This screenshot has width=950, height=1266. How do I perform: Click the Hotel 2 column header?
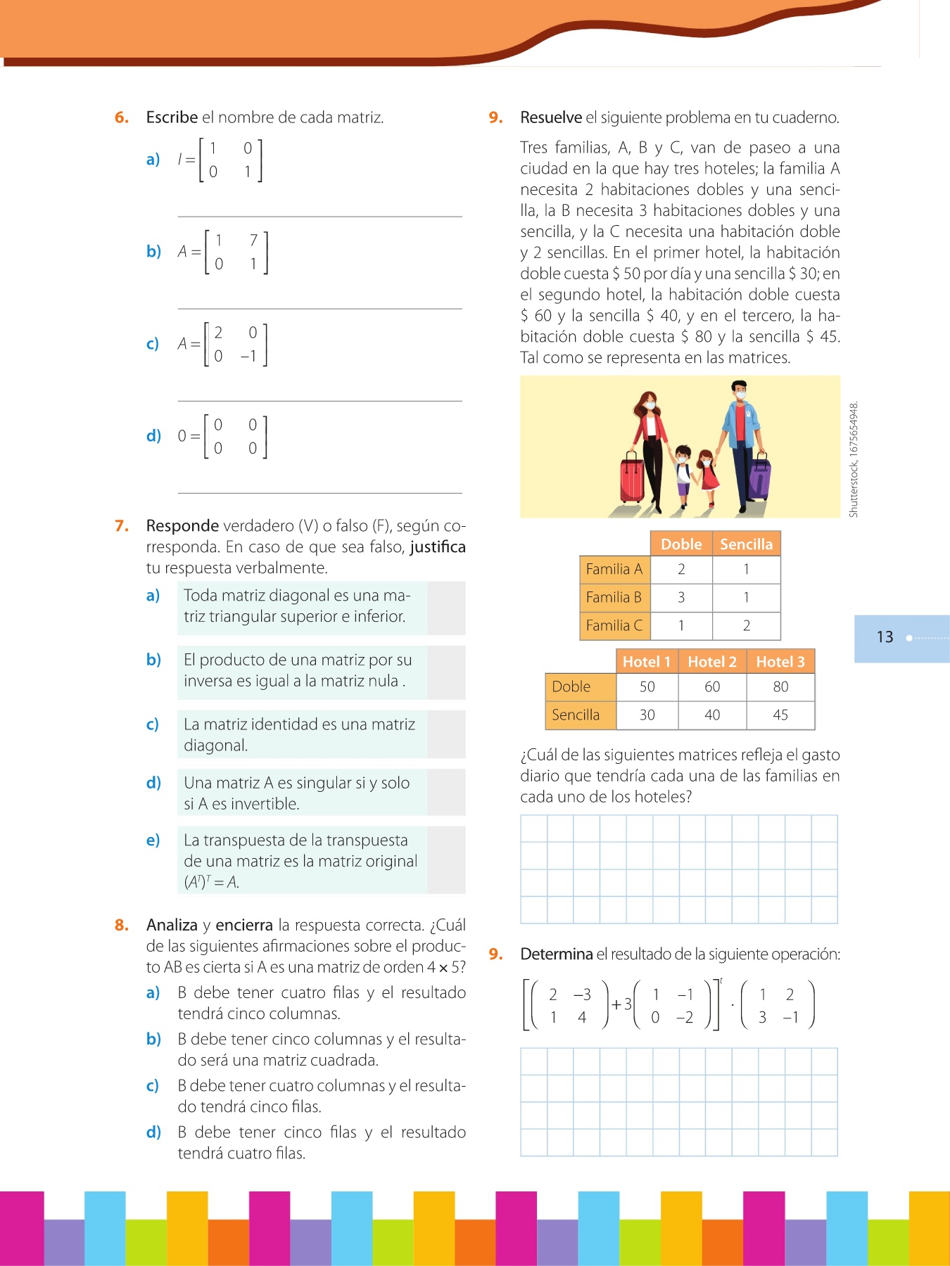[x=711, y=661]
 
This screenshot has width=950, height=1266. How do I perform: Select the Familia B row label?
[x=614, y=597]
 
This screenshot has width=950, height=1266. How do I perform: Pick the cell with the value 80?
[x=780, y=686]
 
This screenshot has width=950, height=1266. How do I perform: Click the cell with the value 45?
[x=780, y=715]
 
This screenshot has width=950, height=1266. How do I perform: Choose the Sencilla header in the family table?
[x=746, y=544]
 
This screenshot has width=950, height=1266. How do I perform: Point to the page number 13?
[x=885, y=637]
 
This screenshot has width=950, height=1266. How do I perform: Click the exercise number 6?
[x=122, y=117]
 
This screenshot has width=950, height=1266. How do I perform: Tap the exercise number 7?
[x=122, y=526]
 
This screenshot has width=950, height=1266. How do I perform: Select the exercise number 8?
[x=122, y=925]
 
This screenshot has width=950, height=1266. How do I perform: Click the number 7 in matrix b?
[x=253, y=241]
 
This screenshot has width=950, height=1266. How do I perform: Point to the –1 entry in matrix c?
[x=248, y=356]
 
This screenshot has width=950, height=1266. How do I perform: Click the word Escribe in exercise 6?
[x=172, y=117]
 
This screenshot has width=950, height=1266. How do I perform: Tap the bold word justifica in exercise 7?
[x=437, y=547]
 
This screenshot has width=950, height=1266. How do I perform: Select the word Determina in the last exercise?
[x=556, y=954]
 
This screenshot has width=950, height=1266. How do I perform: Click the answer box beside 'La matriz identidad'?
[x=445, y=734]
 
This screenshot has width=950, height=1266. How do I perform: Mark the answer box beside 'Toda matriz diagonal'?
[x=445, y=608]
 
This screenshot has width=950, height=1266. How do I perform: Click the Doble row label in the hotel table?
[x=571, y=686]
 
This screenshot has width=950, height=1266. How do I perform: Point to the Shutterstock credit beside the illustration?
[x=854, y=460]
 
